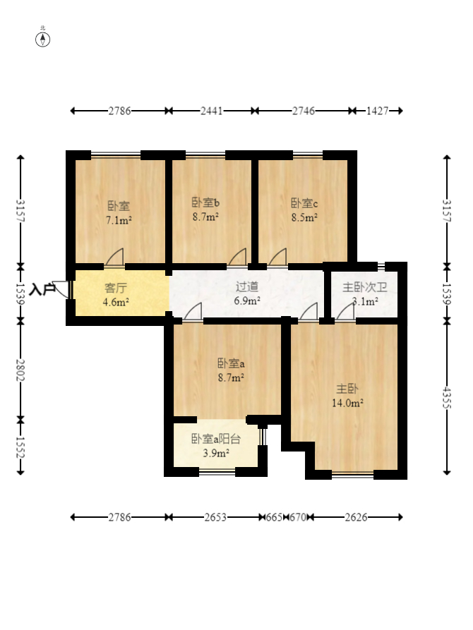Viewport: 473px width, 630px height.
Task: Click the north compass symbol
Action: pyautogui.click(x=42, y=40)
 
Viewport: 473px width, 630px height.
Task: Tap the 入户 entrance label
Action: pyautogui.click(x=42, y=289)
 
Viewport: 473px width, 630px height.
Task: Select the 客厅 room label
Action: pyautogui.click(x=116, y=288)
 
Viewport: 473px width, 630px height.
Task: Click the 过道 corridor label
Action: pyautogui.click(x=247, y=286)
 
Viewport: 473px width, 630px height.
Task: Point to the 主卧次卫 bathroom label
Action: pyautogui.click(x=365, y=287)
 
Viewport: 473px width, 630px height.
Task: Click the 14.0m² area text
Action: pyautogui.click(x=347, y=403)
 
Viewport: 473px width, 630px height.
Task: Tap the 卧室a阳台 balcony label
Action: pyautogui.click(x=215, y=439)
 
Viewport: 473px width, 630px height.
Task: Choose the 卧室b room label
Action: pyautogui.click(x=205, y=202)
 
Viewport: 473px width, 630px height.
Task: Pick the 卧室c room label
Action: pyautogui.click(x=304, y=203)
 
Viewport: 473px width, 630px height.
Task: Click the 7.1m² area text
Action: pyautogui.click(x=119, y=220)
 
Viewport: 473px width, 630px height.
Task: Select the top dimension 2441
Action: pyautogui.click(x=212, y=111)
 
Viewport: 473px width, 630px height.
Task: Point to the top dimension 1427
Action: pyautogui.click(x=377, y=111)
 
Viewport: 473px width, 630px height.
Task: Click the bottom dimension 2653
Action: pyautogui.click(x=215, y=517)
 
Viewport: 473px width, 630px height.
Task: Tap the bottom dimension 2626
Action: pyautogui.click(x=356, y=517)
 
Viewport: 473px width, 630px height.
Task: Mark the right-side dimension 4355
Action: pyautogui.click(x=447, y=398)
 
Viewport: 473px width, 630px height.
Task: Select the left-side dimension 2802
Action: pyautogui.click(x=20, y=370)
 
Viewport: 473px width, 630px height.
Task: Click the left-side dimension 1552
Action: pyautogui.click(x=20, y=447)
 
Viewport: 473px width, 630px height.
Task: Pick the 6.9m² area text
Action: pyautogui.click(x=247, y=301)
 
